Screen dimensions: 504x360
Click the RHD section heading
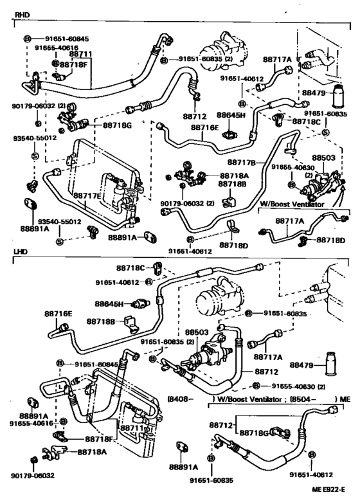tap(22, 13)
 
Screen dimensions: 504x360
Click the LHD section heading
tap(22, 255)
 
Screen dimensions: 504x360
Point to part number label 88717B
tap(261, 162)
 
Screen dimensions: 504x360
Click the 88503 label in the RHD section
tap(325, 156)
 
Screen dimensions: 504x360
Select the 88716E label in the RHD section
tap(204, 128)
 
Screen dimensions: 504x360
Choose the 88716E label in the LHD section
tap(59, 313)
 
